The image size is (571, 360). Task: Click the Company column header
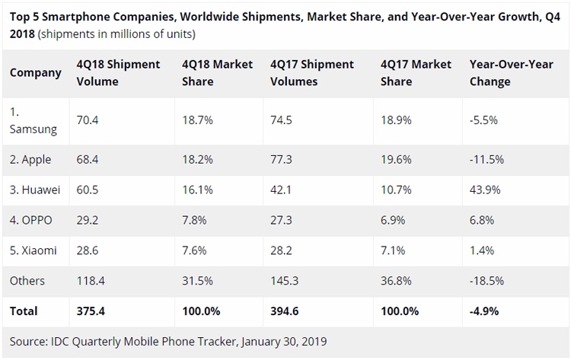click(x=35, y=73)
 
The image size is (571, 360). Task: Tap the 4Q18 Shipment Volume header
click(x=118, y=73)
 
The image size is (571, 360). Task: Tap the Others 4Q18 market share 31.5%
click(x=197, y=281)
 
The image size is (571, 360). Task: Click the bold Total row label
click(x=24, y=311)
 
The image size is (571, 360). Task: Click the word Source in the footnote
click(x=28, y=341)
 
